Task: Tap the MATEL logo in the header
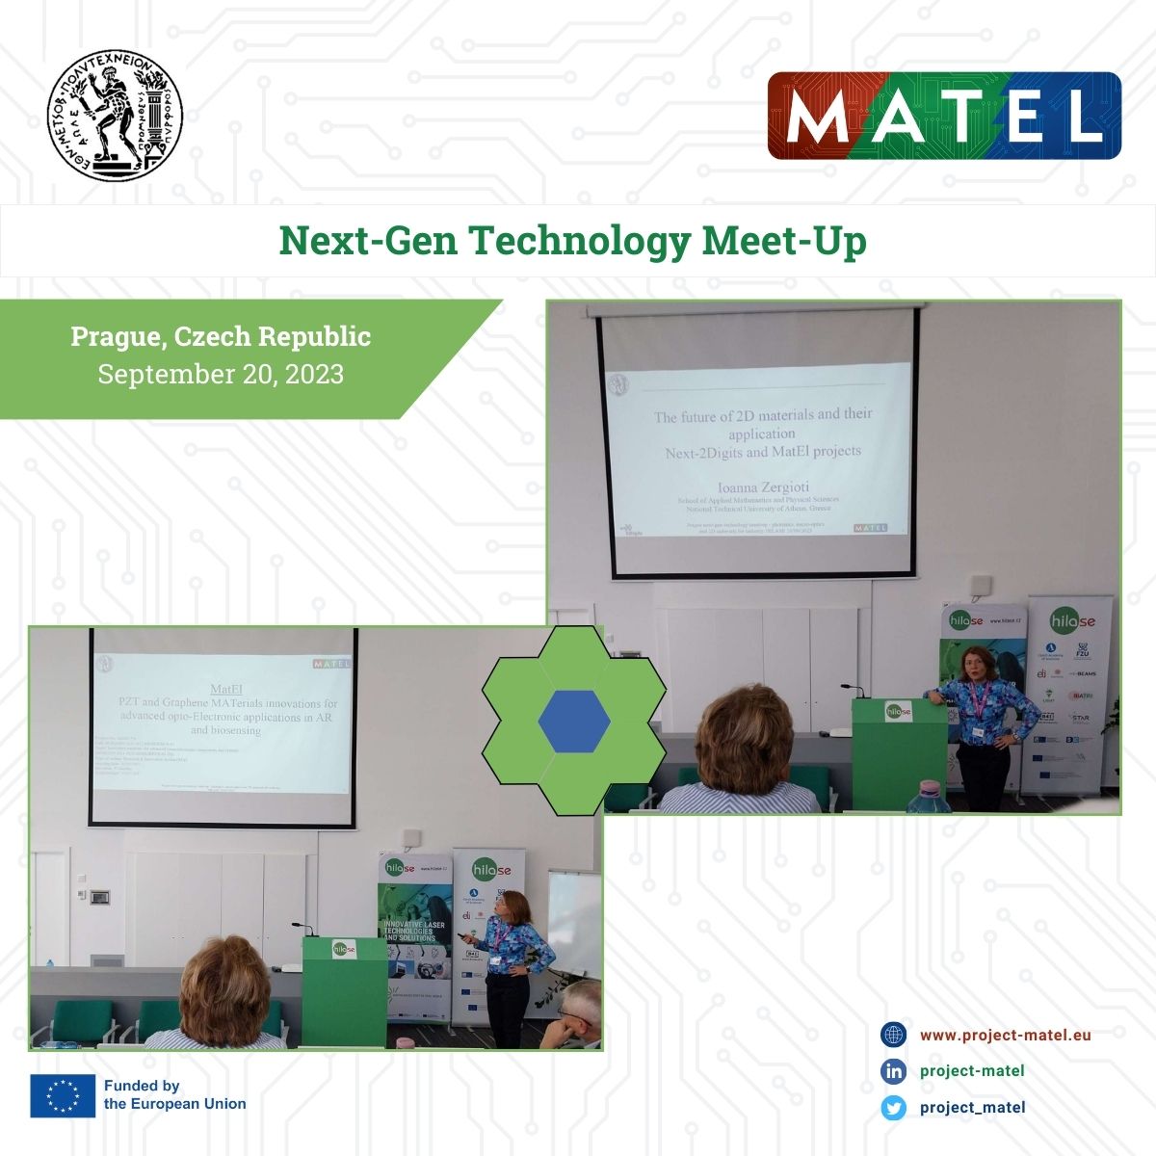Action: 944,116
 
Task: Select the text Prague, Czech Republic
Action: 221,336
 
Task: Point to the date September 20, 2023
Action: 221,374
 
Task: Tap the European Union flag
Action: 63,1095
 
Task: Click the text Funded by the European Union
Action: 174,1094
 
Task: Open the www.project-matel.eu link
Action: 1005,1035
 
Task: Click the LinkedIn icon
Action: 894,1071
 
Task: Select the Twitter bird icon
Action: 894,1108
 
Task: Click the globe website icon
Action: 894,1035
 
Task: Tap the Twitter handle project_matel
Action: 972,1108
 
